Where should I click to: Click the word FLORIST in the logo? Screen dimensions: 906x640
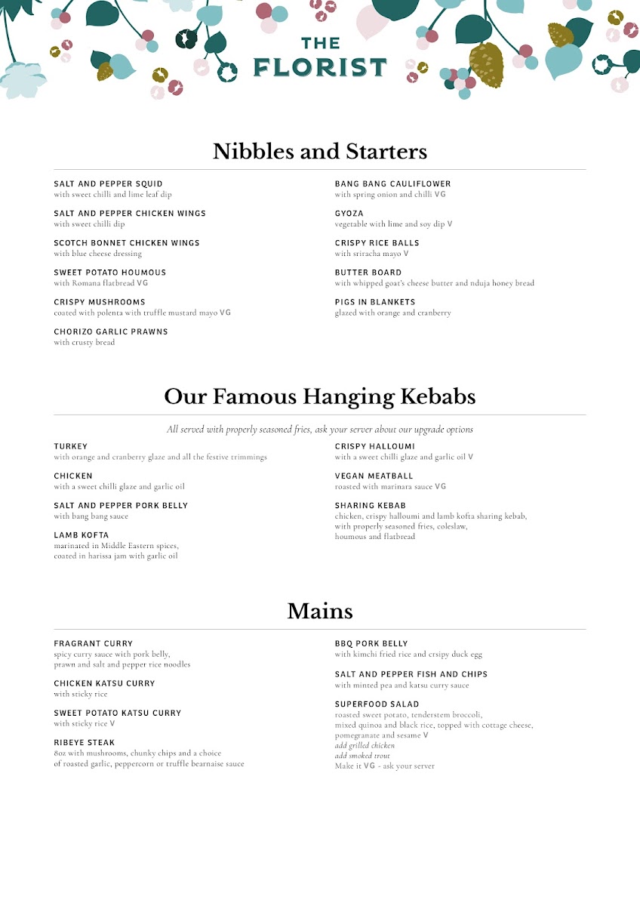320,68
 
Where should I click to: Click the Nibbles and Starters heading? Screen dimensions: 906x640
320,151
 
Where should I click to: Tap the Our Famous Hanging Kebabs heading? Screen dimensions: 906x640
320,396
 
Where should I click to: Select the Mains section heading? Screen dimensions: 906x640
320,611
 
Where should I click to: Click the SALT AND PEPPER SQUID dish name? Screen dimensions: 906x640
108,183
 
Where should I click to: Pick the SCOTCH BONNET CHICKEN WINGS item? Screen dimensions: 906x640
127,243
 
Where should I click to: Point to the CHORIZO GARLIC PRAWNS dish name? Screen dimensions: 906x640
111,332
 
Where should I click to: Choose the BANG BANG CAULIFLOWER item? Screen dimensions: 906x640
392,183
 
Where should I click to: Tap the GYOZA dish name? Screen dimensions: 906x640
349,214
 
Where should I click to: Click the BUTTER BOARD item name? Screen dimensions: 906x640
368,273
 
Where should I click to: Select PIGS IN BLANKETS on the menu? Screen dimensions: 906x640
375,302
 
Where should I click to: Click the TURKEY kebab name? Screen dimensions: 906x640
71,446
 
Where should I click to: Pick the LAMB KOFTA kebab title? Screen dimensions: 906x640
81,535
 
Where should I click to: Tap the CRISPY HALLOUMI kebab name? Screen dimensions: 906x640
375,446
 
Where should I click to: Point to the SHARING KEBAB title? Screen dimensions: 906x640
371,506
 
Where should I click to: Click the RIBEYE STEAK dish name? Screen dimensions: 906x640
85,743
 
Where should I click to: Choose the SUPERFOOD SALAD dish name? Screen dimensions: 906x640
377,704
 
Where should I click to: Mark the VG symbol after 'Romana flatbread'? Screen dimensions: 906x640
142,284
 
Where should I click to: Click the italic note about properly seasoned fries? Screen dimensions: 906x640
320,430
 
